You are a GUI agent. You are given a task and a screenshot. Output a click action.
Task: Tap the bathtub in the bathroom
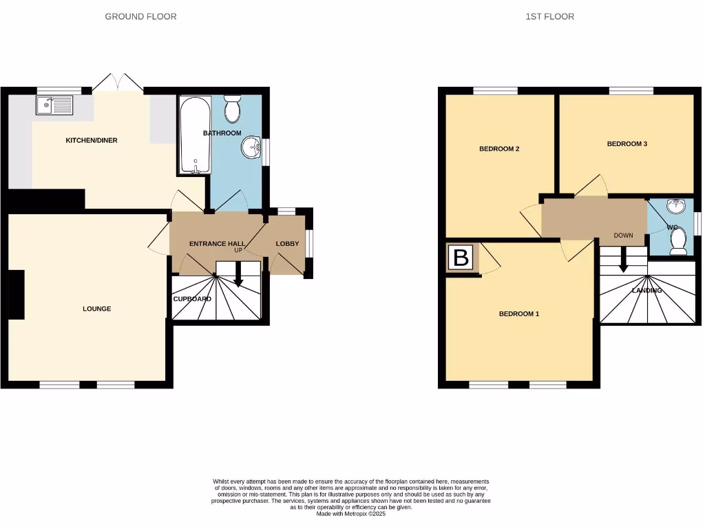[196, 135]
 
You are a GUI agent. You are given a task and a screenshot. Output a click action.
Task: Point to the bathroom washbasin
[253, 147]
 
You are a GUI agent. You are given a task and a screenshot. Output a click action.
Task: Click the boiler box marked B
[461, 258]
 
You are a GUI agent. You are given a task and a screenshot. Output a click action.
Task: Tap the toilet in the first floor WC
[678, 240]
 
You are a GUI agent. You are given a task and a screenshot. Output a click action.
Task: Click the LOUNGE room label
[96, 309]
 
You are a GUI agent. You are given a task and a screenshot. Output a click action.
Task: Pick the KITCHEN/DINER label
[91, 141]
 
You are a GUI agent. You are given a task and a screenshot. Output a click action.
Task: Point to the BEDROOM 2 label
[499, 149]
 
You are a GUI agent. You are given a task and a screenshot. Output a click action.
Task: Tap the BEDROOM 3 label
[627, 144]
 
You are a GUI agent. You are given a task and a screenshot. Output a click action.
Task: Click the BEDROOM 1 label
[518, 314]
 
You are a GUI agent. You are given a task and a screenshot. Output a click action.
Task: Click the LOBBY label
[287, 244]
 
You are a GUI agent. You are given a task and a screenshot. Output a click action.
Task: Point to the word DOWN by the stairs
[623, 236]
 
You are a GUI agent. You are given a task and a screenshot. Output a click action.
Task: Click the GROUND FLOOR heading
[140, 16]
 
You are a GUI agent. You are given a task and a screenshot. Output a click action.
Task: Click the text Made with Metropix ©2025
[352, 514]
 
